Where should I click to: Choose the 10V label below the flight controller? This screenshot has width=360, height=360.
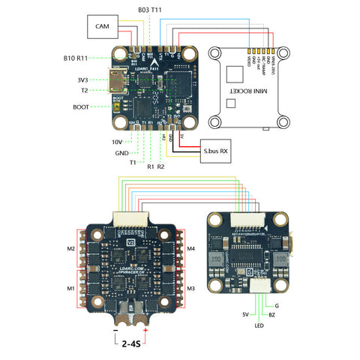(x=118, y=141)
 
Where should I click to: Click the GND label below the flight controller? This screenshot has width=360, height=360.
(x=121, y=152)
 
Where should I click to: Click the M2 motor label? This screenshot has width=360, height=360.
(x=71, y=248)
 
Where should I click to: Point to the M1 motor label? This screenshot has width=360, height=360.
(x=71, y=288)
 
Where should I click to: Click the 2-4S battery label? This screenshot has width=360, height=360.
(x=130, y=346)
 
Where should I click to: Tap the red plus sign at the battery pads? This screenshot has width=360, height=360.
(x=145, y=331)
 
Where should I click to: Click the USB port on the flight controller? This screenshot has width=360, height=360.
(x=118, y=79)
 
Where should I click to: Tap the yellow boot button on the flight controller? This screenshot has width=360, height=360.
(x=119, y=106)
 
